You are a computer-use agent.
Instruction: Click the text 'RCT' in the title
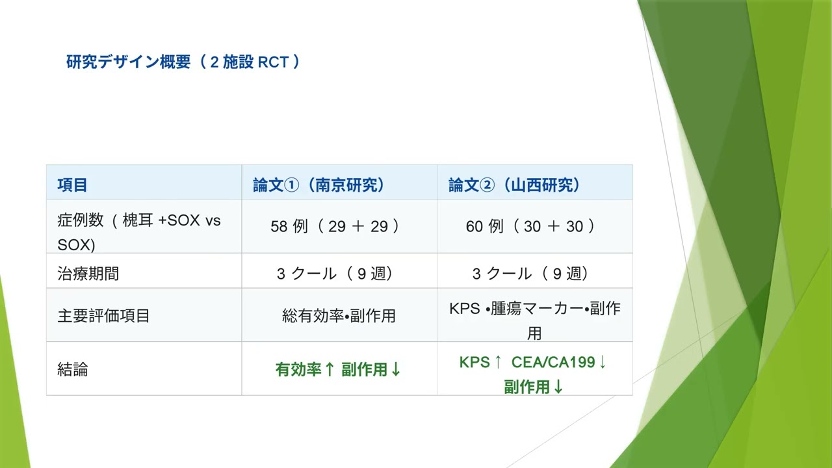point(273,62)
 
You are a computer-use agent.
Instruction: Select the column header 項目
point(72,185)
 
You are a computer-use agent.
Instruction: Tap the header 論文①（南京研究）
point(319,185)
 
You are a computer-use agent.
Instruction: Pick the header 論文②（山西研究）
point(514,185)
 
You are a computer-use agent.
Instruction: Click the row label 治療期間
point(88,274)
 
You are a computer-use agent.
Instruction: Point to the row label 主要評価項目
point(104,317)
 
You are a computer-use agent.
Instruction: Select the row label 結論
point(73,370)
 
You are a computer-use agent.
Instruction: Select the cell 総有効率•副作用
point(339,317)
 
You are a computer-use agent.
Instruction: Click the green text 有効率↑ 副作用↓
point(339,370)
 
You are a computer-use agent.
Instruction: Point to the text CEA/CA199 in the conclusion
point(553,363)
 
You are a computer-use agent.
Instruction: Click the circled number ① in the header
point(292,185)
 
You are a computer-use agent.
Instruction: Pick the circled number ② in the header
point(487,185)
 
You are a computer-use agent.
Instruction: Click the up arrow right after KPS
point(498,363)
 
